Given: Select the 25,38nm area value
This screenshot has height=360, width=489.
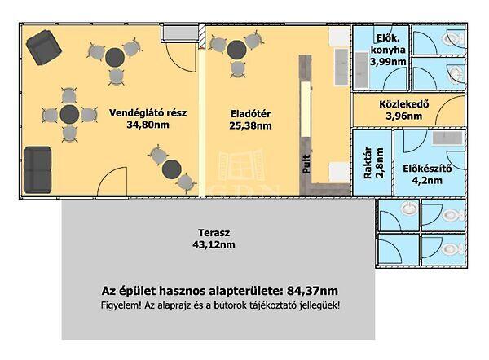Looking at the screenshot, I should click(249, 126).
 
